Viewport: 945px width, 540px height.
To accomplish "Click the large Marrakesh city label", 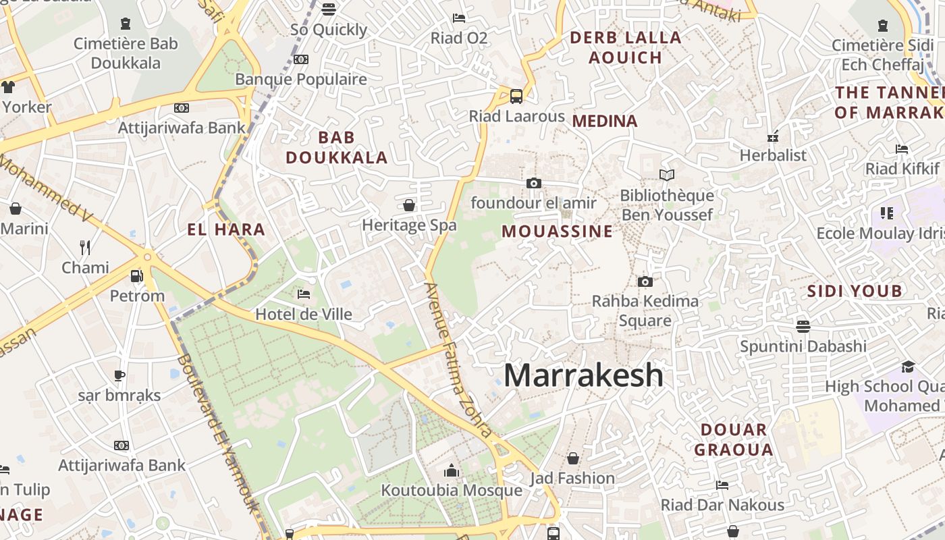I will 584,375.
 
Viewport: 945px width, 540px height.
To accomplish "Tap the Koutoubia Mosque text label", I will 452,490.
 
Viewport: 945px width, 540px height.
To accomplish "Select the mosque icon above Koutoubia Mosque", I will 452,470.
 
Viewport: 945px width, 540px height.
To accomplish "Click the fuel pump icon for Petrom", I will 137,276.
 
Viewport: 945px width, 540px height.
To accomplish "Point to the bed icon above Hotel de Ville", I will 304,294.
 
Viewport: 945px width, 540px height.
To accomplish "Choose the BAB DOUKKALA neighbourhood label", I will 336,148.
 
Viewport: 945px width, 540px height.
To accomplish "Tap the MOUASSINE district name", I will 558,232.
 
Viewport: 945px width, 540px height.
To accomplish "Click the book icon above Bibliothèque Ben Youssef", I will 667,175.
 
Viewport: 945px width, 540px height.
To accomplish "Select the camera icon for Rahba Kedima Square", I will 645,281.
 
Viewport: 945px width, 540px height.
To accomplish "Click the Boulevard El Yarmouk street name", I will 218,433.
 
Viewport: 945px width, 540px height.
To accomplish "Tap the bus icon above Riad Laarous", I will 516,97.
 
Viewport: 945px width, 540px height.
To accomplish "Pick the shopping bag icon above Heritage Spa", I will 409,205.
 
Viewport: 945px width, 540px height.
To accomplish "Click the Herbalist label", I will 773,155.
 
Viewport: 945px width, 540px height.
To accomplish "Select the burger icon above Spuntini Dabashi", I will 803,327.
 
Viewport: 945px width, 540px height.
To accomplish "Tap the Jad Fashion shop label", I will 572,479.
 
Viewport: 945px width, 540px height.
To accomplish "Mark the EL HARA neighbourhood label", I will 226,230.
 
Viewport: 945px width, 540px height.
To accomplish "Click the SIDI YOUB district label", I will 855,292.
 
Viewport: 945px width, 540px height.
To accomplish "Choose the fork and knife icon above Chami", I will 85,248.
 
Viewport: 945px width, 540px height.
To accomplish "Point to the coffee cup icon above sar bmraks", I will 119,375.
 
